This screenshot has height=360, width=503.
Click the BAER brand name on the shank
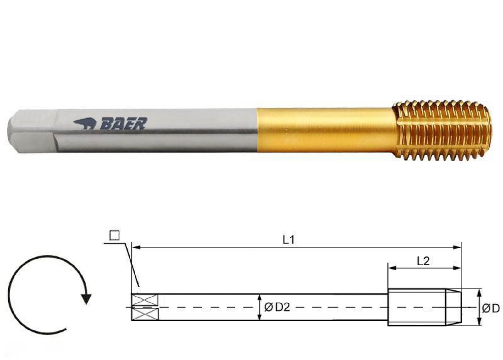tap(124, 124)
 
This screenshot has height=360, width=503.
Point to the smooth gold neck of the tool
tap(324, 131)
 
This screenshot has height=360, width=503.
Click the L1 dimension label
tap(288, 240)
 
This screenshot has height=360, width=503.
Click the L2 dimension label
tap(423, 261)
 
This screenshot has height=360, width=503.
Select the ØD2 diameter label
tap(277, 308)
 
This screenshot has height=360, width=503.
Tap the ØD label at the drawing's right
tap(491, 308)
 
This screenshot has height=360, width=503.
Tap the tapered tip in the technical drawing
tap(454, 307)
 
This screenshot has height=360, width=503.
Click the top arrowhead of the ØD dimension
tap(479, 292)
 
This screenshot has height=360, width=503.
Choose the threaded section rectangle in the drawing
tap(417, 307)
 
